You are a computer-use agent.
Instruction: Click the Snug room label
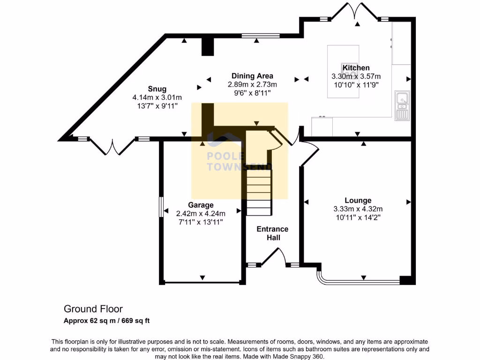[157, 89]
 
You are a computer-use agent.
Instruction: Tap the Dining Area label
[252, 76]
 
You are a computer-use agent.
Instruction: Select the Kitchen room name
[356, 67]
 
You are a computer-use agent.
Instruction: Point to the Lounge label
[358, 200]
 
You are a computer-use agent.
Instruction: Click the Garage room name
[201, 205]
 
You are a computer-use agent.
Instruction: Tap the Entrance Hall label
[272, 233]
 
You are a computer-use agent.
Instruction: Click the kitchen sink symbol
[402, 105]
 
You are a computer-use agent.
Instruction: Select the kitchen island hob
[349, 70]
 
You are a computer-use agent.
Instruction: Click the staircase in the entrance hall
[259, 192]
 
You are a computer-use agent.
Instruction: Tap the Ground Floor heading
[93, 309]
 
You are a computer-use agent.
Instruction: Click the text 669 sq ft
[135, 321]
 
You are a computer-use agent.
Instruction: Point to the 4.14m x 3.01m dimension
[157, 97]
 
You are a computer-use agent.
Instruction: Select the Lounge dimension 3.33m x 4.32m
[358, 209]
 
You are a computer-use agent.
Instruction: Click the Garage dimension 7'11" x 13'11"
[201, 222]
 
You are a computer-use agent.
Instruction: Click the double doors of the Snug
[112, 147]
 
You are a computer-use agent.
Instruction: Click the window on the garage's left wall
[161, 207]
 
